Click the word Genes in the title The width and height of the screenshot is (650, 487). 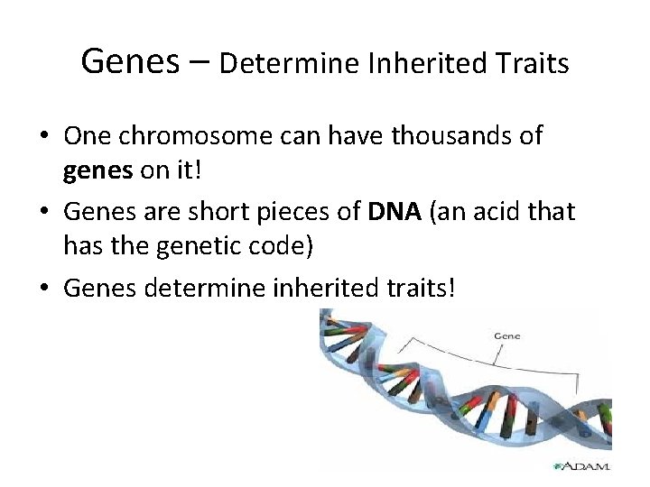(128, 62)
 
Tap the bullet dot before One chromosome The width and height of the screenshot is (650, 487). (43, 137)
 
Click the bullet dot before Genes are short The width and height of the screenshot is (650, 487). (43, 213)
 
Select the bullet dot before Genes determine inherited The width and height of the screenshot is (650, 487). (43, 289)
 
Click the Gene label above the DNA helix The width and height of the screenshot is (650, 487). (506, 335)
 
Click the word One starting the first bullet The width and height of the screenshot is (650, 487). (84, 136)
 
